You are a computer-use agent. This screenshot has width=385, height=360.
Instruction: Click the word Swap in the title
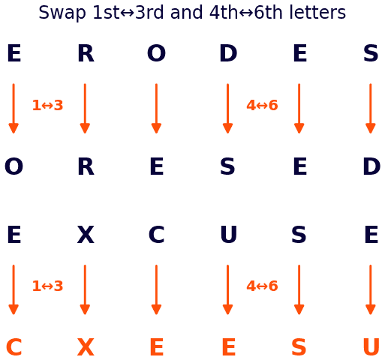(62, 13)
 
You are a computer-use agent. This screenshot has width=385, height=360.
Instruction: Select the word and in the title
(186, 12)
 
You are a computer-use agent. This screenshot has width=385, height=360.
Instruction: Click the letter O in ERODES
(156, 53)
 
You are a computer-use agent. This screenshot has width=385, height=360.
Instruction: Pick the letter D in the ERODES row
(228, 53)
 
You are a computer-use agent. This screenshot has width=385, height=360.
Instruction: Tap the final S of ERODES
(371, 53)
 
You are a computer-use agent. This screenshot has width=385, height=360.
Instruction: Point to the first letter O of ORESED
(14, 166)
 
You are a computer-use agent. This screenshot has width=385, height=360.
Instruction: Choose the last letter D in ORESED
(371, 166)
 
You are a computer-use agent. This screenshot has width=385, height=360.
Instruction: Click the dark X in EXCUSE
(86, 235)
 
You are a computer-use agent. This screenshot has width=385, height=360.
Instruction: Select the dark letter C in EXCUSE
(156, 235)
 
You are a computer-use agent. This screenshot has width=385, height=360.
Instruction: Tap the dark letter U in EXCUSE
(229, 235)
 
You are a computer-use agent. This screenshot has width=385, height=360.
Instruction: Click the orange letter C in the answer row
(14, 347)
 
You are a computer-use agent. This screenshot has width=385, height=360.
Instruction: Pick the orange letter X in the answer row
(86, 347)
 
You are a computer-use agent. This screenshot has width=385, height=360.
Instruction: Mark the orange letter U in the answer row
(371, 347)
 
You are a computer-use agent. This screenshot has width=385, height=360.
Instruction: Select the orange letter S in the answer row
(299, 347)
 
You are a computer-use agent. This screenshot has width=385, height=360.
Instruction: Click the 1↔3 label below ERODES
(47, 105)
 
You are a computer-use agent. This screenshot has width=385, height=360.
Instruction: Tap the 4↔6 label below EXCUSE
(262, 286)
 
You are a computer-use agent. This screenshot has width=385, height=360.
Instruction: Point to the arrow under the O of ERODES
(156, 109)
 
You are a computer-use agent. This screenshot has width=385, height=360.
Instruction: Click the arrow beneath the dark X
(85, 290)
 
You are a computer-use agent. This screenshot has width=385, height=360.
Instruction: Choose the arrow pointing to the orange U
(371, 290)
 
